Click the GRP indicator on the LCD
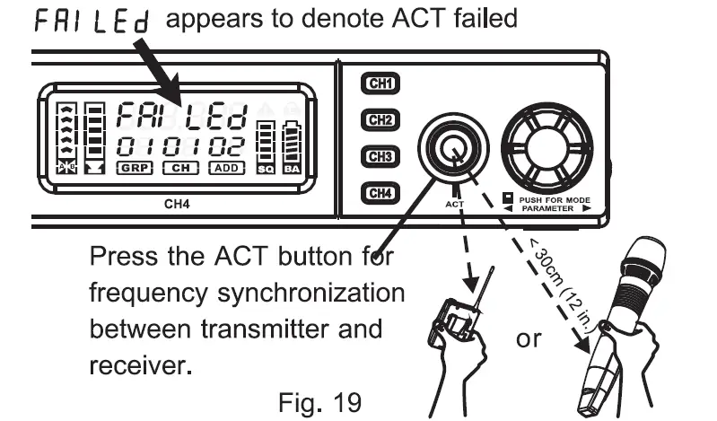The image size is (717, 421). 136,167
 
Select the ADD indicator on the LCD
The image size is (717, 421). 226,167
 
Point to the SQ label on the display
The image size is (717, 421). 266,168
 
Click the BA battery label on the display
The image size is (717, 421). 292,168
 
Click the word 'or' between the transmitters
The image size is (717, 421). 529,340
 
